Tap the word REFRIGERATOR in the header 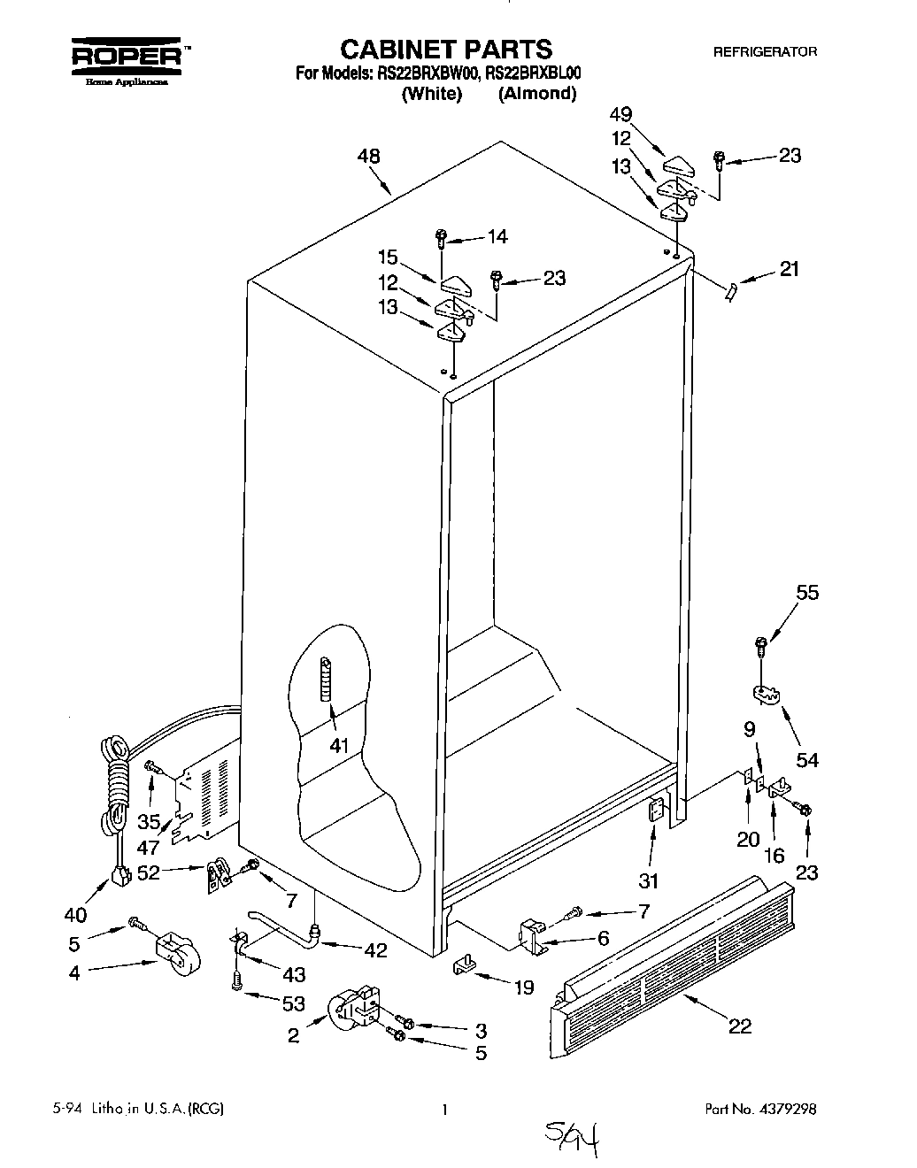click(x=765, y=52)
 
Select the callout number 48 click(x=368, y=157)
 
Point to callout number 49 click(x=622, y=113)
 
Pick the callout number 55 click(x=807, y=594)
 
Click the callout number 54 click(x=806, y=759)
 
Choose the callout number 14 click(x=497, y=236)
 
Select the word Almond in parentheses click(x=536, y=94)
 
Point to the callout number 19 click(x=523, y=987)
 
